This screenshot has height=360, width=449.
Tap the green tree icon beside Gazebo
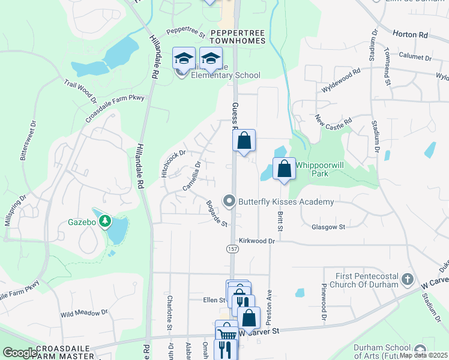(x=106, y=221)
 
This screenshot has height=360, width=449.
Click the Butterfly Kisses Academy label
(x=286, y=202)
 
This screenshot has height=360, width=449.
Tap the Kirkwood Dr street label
(x=256, y=241)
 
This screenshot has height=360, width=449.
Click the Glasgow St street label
(x=328, y=227)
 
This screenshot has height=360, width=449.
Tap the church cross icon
(x=408, y=279)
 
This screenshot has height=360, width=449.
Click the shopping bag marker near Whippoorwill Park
(x=285, y=169)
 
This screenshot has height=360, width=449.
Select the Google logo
(x=20, y=353)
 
